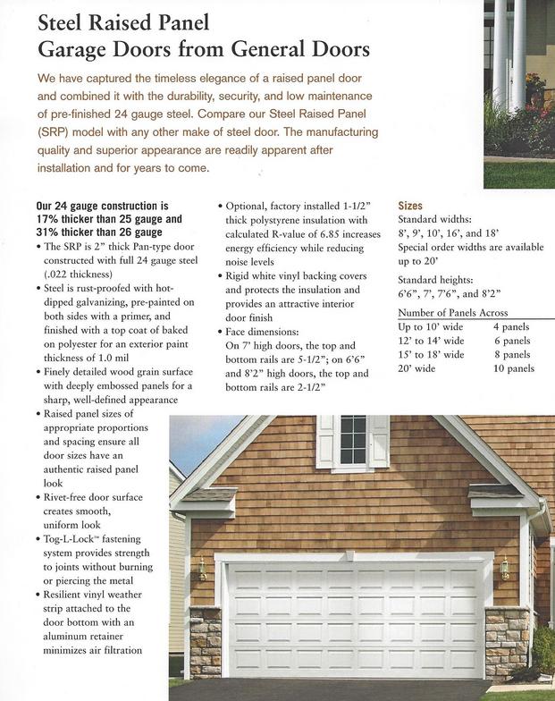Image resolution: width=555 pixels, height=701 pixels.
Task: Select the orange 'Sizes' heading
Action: pyautogui.click(x=410, y=206)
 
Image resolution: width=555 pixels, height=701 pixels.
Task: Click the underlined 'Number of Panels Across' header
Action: pyautogui.click(x=452, y=312)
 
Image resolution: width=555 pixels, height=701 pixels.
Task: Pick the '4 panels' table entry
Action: pyautogui.click(x=511, y=326)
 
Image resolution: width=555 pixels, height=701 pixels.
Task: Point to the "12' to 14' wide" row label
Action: pyautogui.click(x=431, y=341)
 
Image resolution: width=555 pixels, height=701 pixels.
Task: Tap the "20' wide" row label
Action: pyautogui.click(x=416, y=368)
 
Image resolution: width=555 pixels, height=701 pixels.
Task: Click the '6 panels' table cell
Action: pyautogui.click(x=511, y=341)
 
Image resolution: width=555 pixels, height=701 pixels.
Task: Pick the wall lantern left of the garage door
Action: pyautogui.click(x=203, y=568)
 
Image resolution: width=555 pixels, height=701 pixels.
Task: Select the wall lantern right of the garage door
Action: pyautogui.click(x=505, y=566)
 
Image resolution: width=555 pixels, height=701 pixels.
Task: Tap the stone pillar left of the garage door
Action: pyautogui.click(x=205, y=642)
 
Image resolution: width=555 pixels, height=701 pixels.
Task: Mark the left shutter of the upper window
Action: pyautogui.click(x=326, y=441)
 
